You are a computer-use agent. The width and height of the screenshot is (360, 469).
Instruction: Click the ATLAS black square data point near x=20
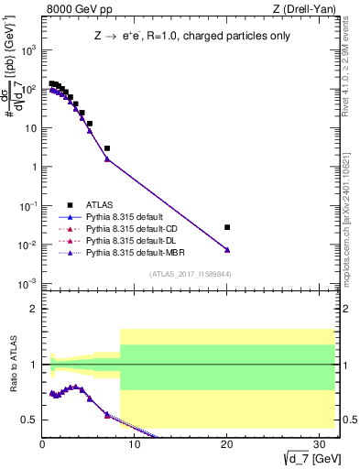227,227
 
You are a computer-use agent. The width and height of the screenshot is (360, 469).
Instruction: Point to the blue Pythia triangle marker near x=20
227,250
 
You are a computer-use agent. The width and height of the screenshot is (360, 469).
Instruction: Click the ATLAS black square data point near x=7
107,147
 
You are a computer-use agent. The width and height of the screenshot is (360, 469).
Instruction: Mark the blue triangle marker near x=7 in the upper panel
107,159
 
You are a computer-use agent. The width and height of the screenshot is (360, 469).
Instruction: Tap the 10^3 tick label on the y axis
28,51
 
